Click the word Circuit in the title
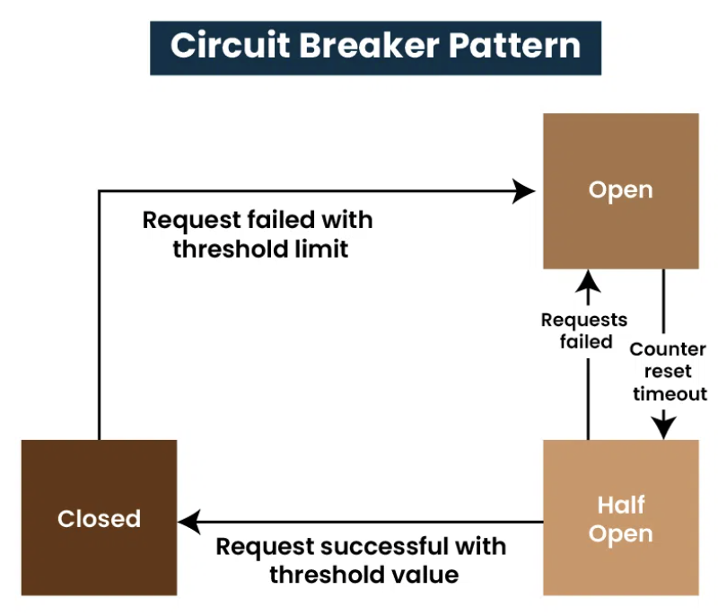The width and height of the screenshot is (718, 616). [x=231, y=45]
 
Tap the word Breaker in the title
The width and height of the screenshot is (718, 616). [x=370, y=45]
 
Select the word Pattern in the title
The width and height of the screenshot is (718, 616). [x=514, y=45]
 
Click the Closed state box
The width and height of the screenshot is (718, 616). [x=99, y=517]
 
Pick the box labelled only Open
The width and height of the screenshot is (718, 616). [x=621, y=191]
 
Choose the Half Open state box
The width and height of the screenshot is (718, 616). [x=621, y=517]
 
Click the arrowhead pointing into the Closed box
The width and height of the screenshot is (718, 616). [x=189, y=522]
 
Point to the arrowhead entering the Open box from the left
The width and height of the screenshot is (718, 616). [x=523, y=191]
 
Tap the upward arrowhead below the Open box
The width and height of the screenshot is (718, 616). [x=588, y=280]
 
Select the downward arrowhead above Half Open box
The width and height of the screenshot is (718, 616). [x=663, y=427]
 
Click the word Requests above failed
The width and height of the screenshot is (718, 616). [x=584, y=320]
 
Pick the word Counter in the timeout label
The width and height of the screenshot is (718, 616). [x=668, y=349]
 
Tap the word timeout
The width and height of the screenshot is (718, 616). [x=670, y=394]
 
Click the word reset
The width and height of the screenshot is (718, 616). [x=668, y=372]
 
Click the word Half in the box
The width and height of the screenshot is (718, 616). [x=621, y=505]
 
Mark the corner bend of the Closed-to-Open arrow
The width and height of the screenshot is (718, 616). [x=100, y=191]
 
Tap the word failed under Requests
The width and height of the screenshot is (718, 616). [x=586, y=341]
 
